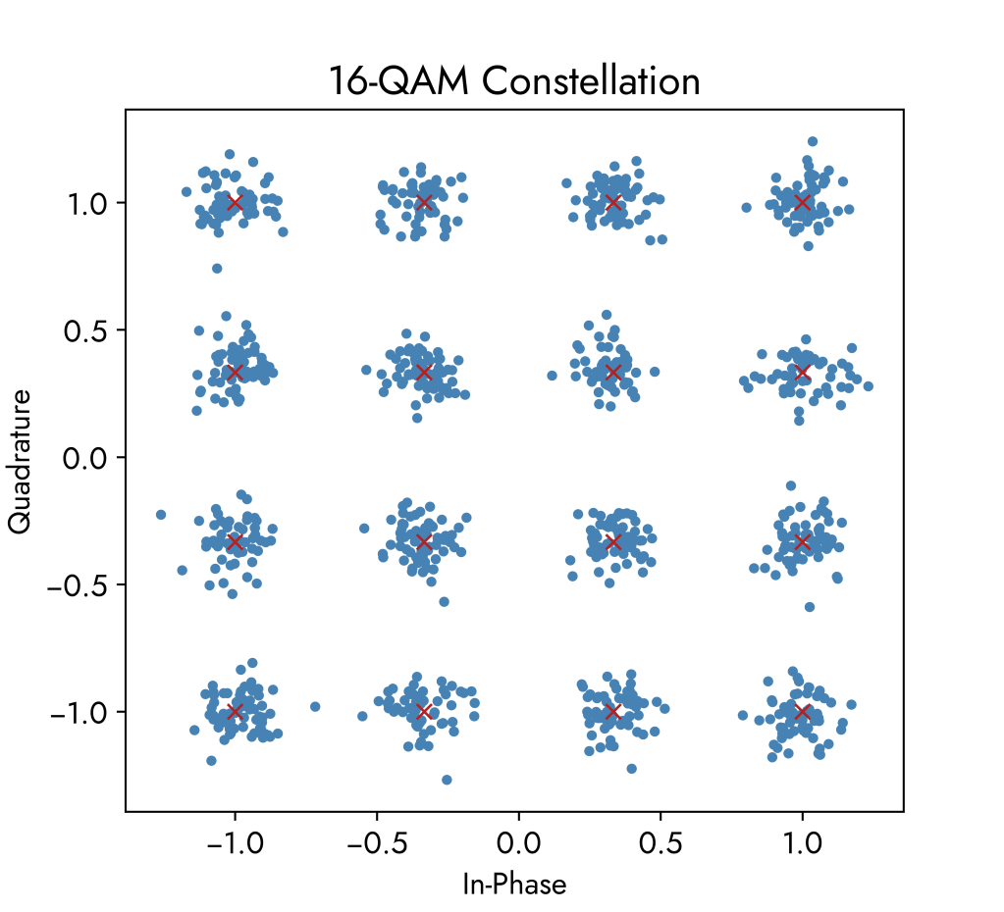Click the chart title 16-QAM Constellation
click(514, 81)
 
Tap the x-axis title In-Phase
click(514, 885)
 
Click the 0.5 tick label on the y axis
click(89, 330)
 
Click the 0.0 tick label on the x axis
click(518, 842)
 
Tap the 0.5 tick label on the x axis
click(661, 842)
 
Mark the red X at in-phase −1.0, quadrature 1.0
click(235, 203)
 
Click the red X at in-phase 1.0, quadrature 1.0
click(803, 203)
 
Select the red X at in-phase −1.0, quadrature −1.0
click(235, 711)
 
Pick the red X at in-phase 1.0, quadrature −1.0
click(803, 711)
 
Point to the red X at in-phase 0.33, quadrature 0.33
click(613, 373)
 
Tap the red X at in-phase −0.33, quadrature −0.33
click(424, 542)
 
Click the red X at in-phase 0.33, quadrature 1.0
click(613, 203)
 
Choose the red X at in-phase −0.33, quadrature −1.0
click(424, 711)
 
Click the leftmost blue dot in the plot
click(161, 515)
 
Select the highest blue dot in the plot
click(813, 142)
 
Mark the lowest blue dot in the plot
click(447, 780)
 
